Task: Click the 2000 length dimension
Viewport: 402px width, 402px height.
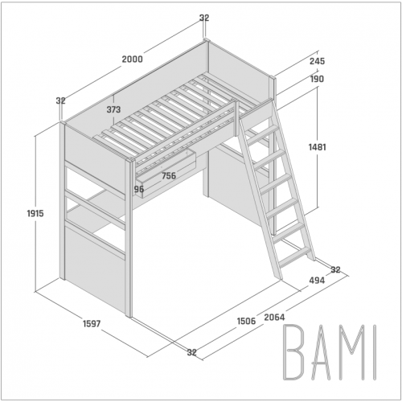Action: pyautogui.click(x=133, y=59)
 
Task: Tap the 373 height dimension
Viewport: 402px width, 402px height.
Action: pyautogui.click(x=113, y=109)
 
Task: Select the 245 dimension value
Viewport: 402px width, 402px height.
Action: pyautogui.click(x=317, y=61)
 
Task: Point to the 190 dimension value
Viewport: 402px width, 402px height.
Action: pyautogui.click(x=317, y=79)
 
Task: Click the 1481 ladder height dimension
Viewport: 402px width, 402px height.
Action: pyautogui.click(x=318, y=147)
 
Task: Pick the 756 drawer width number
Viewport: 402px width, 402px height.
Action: pyautogui.click(x=169, y=176)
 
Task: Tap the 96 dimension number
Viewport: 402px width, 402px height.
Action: pyautogui.click(x=139, y=189)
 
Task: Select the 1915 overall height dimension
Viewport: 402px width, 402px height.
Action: pyautogui.click(x=35, y=214)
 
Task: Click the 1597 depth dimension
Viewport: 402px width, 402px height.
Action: pyautogui.click(x=92, y=324)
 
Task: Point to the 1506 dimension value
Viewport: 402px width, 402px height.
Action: pyautogui.click(x=246, y=321)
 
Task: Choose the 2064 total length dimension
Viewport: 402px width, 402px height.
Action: pyautogui.click(x=274, y=318)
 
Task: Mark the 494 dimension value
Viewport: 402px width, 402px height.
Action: pyautogui.click(x=317, y=281)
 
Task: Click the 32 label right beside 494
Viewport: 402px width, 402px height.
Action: pyautogui.click(x=335, y=269)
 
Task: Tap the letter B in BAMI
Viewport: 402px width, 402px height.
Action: pyautogui.click(x=293, y=352)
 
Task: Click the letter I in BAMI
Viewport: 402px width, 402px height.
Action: pyautogui.click(x=375, y=352)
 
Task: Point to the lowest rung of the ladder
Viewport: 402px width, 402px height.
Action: pyautogui.click(x=295, y=256)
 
